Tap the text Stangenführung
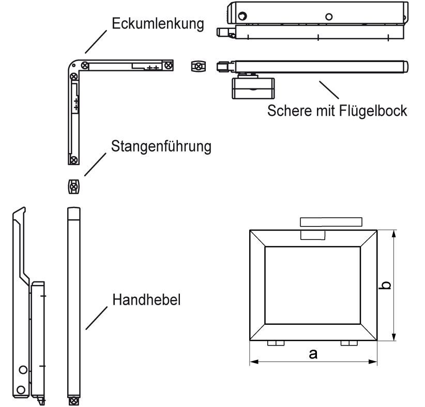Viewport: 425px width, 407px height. pos(161,146)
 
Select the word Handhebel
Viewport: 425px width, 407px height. pos(146,300)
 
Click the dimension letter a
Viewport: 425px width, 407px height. pos(313,354)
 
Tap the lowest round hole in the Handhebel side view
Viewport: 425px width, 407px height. pos(20,388)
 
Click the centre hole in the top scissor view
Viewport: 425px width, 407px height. pos(328,16)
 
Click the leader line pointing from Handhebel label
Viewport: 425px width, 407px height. pos(97,318)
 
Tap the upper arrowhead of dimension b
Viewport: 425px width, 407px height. pos(394,234)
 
